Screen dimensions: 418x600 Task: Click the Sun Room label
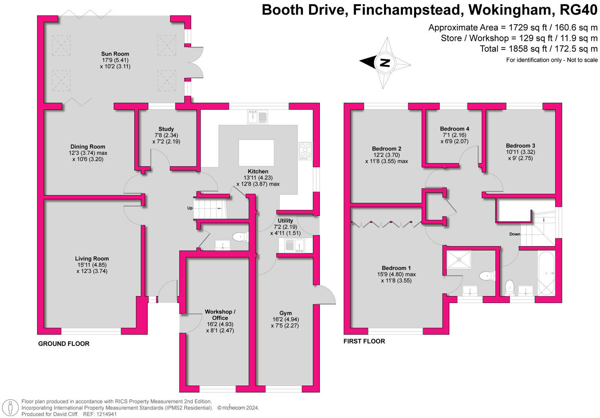tap(115, 54)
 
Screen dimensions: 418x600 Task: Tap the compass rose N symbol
tap(385, 62)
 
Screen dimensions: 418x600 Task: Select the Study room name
tap(166, 129)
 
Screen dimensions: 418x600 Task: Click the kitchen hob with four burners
tap(305, 151)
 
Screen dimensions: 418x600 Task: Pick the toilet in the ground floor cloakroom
tap(239, 237)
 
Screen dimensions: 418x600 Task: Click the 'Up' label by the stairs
tap(190, 208)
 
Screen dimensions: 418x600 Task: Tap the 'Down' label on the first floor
tap(514, 234)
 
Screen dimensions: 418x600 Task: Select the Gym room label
tap(285, 313)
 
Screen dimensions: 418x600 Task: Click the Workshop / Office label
tap(220, 315)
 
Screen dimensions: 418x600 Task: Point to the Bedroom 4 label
tap(454, 129)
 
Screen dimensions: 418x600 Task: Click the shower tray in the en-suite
tap(459, 260)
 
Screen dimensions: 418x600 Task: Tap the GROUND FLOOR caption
tap(64, 344)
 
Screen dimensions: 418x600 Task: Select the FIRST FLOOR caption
tap(364, 341)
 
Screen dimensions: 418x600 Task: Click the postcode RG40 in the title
tap(578, 10)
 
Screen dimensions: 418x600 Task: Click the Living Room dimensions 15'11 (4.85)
tap(92, 265)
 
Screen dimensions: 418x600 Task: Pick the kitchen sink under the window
tap(257, 117)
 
